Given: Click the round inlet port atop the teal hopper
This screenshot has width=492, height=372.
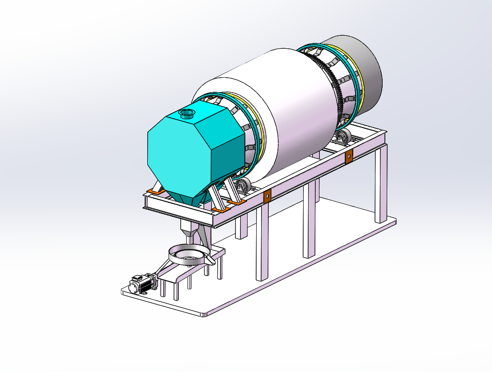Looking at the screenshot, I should click(x=187, y=113).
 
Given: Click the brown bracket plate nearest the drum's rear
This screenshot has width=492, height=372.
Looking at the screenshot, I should click(x=348, y=157).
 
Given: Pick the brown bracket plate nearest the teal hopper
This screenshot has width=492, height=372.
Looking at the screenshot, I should click(x=267, y=196).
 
